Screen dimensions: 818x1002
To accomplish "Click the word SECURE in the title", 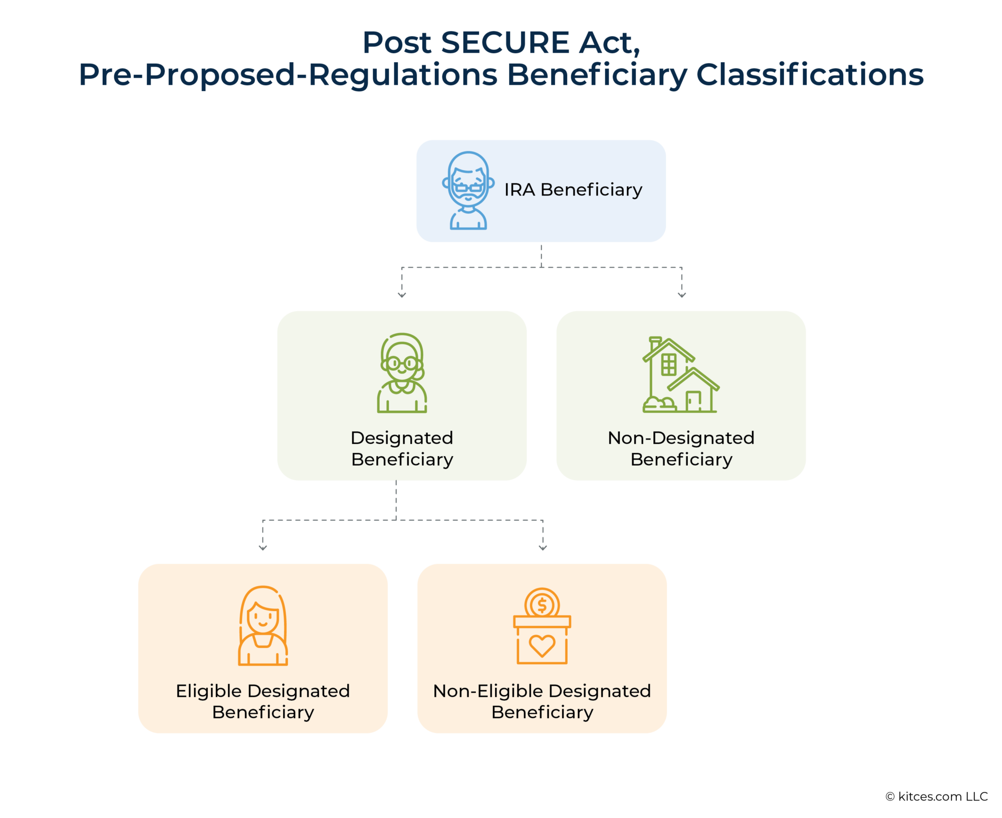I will coord(505,43).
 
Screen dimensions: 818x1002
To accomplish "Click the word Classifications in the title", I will coord(810,75).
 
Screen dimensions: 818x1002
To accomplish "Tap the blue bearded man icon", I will coord(468,191).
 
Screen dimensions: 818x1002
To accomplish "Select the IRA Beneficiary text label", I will coord(573,190).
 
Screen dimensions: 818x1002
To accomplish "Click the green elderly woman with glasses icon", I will coord(402,373).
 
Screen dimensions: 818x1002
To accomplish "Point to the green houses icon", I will coord(680,375).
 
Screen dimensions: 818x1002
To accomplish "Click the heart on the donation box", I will coord(542,646).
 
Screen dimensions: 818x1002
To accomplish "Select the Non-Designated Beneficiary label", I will coord(681,449).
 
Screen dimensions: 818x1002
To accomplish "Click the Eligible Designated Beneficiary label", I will coord(263,701).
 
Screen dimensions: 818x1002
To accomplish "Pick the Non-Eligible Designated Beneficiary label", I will coord(542,701).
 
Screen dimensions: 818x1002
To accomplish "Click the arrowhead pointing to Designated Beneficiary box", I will coord(402,295).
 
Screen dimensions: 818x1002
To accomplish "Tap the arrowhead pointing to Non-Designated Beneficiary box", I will coord(681,295).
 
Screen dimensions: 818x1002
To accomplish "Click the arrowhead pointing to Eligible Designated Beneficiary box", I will coord(263,548).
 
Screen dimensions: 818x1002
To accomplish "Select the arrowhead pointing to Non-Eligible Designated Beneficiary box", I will coord(543,548).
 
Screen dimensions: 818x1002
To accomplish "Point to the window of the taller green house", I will coord(668,364).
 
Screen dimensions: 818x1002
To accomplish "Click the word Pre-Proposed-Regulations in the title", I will coord(288,75).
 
